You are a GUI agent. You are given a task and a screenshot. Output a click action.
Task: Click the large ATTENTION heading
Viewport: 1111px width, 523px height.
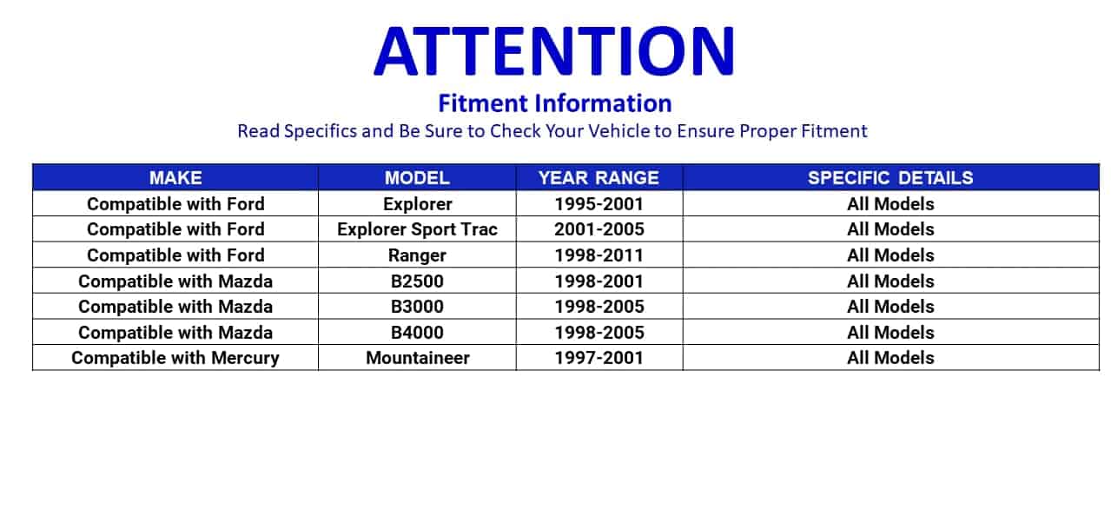point(554,51)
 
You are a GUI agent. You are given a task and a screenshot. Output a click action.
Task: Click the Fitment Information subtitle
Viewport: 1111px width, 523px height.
point(555,103)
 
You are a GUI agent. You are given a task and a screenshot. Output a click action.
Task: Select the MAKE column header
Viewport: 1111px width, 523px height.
point(175,177)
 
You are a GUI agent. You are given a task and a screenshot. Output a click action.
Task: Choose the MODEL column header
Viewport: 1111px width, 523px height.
point(417,177)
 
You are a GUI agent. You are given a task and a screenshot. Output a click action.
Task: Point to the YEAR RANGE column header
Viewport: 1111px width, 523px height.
point(598,177)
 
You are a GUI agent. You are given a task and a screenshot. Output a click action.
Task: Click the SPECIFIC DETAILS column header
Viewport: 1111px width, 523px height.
point(890,177)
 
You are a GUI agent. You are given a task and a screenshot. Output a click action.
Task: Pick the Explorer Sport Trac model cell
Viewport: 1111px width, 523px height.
point(417,229)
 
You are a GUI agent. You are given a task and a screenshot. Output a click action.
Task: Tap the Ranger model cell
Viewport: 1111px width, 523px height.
point(417,255)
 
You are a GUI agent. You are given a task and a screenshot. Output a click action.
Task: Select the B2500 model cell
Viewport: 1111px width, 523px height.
point(417,281)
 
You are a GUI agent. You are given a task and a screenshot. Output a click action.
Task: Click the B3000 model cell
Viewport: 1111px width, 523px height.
point(417,307)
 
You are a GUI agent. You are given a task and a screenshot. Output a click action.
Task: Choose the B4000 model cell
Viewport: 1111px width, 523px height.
point(417,333)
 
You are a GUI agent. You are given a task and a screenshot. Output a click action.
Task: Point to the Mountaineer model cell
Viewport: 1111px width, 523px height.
point(417,358)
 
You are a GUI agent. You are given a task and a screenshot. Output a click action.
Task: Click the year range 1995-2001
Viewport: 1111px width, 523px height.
point(598,204)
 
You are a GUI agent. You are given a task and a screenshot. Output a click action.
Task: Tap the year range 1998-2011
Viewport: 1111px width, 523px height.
point(598,255)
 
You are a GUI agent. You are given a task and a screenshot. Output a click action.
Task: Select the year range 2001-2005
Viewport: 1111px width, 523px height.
point(598,229)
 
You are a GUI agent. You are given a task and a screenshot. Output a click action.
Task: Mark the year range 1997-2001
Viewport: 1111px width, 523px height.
point(598,358)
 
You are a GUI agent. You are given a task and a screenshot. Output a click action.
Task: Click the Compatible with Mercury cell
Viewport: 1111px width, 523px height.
point(175,358)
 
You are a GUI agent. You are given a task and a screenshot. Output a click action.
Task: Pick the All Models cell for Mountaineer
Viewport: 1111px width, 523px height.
point(890,358)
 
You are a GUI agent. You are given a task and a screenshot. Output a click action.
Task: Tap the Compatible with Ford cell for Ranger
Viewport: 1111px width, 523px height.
point(175,255)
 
